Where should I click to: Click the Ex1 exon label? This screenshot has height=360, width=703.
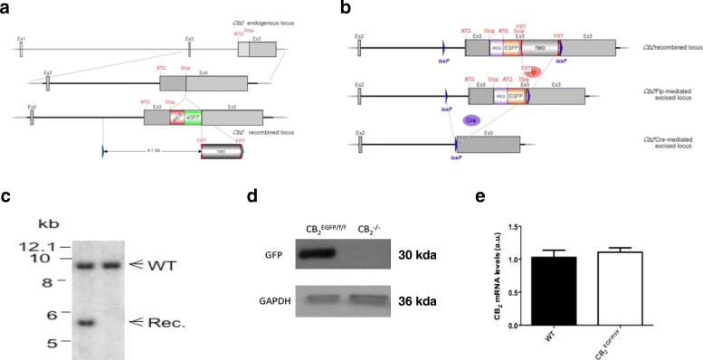click(20, 37)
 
